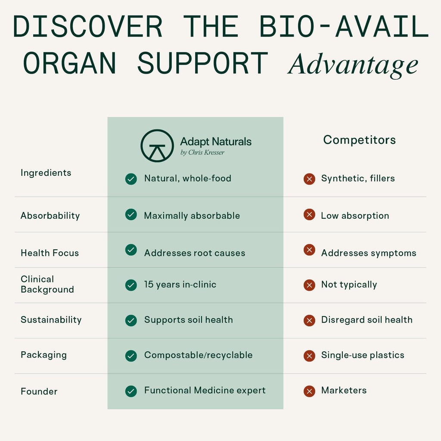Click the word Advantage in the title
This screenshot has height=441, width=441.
point(353,65)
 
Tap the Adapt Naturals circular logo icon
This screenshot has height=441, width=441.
point(157,146)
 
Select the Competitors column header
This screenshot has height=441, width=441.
point(359,140)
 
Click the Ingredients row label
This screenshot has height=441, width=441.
point(46,173)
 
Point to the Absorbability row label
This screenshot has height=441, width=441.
point(50,215)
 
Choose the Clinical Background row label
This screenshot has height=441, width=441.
point(47,284)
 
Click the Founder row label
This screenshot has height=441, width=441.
point(39,391)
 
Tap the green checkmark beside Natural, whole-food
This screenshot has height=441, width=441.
point(131,179)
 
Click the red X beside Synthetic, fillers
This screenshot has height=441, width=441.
point(309,179)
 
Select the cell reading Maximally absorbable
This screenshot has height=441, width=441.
point(192,215)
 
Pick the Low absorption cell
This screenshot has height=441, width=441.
point(355,215)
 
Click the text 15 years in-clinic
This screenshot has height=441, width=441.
point(180,284)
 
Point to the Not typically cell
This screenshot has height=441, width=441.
point(349,284)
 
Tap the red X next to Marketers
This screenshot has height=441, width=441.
point(309,391)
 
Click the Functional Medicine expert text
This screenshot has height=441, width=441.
point(205,390)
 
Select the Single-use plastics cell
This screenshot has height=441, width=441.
point(363,355)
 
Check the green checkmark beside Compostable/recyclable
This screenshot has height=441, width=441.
point(131,356)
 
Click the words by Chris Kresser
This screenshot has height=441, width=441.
point(202,152)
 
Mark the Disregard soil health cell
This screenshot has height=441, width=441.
point(366,320)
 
